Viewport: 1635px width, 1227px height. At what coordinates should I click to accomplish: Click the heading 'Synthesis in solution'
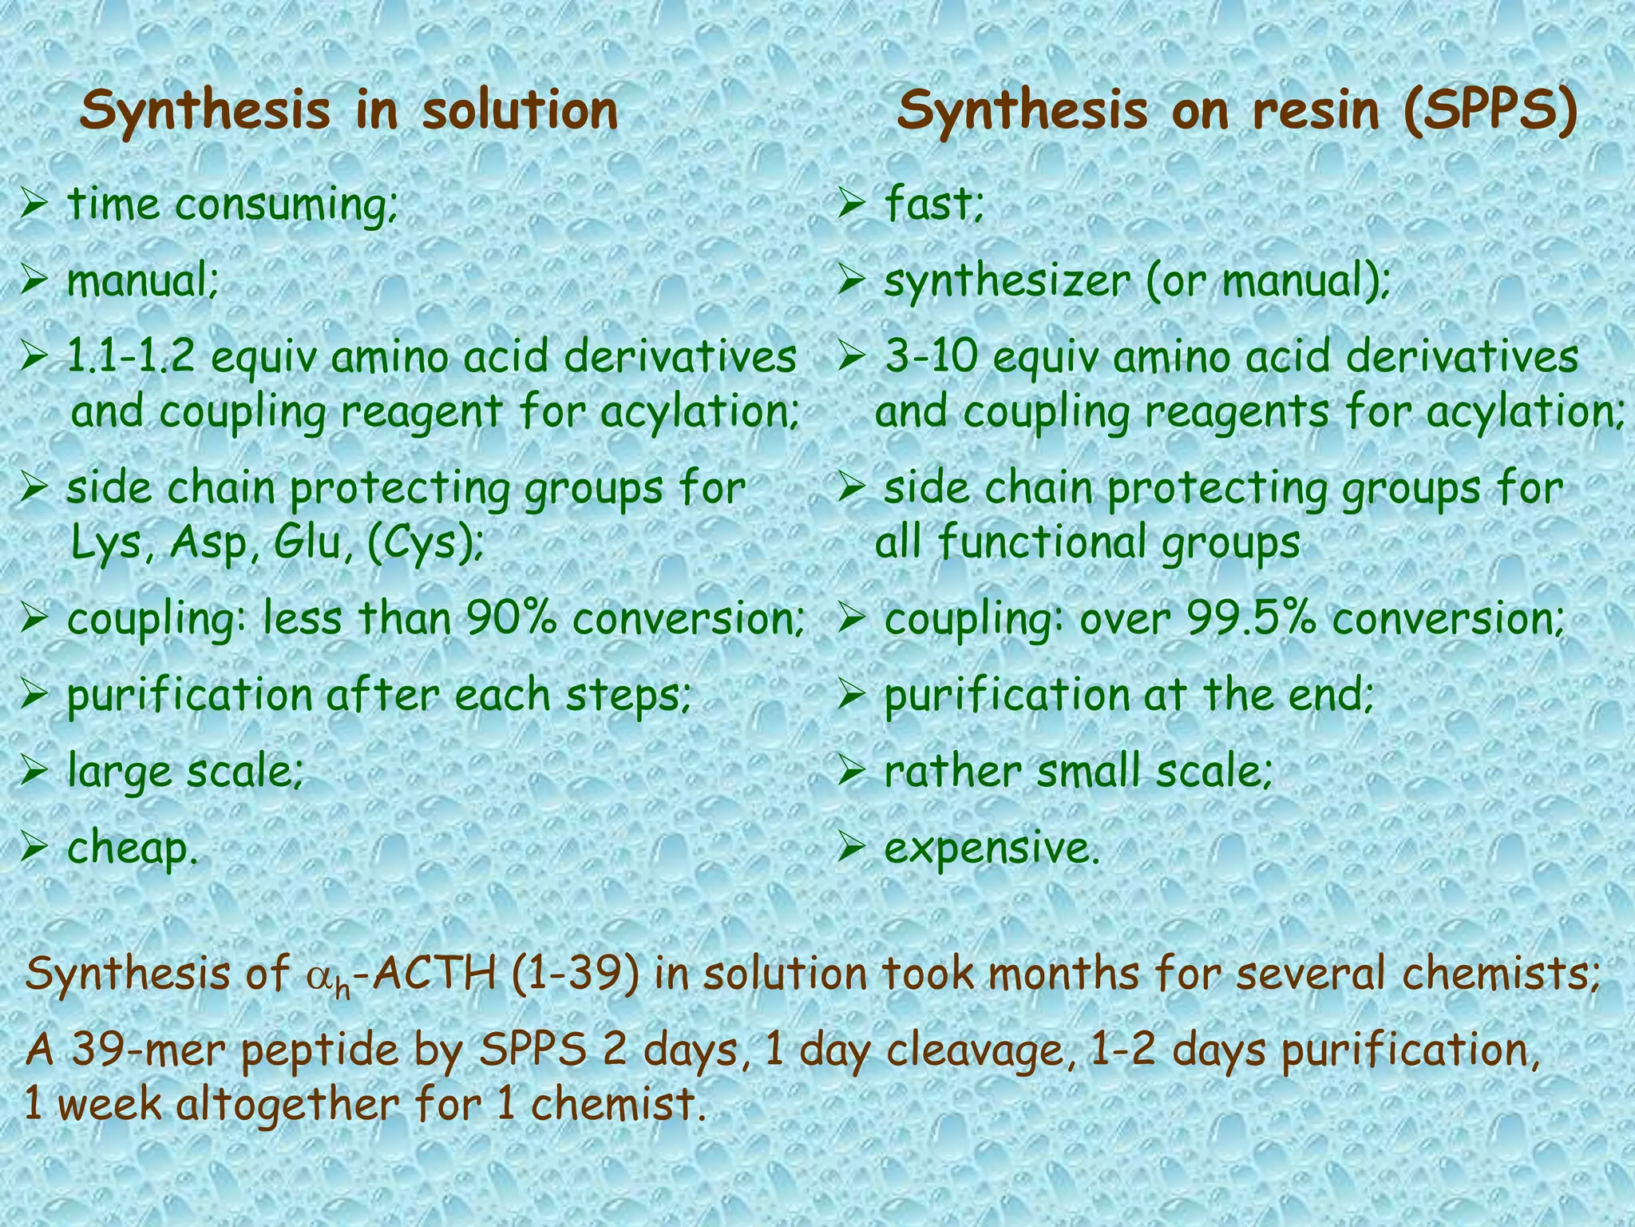click(x=349, y=111)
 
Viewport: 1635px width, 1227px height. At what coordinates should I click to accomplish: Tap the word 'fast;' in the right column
click(x=934, y=204)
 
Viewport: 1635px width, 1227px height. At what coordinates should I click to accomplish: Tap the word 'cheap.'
click(x=133, y=848)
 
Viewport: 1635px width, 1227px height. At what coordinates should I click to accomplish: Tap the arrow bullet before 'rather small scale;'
click(x=853, y=772)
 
